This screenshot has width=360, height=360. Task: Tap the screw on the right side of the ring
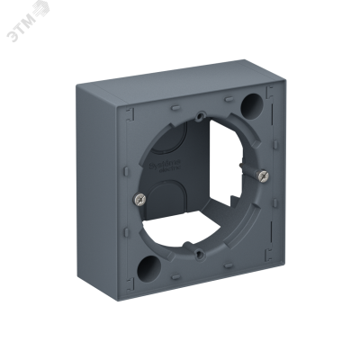[x=261, y=175]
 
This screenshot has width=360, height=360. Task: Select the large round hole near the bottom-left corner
[x=143, y=267]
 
